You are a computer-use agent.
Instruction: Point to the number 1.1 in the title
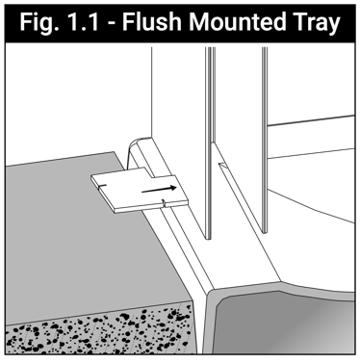point(84,22)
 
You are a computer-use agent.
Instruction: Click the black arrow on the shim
point(159,190)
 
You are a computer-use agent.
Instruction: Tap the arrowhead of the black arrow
point(173,188)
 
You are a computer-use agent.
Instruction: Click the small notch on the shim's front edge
point(164,203)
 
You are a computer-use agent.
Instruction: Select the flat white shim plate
point(140,190)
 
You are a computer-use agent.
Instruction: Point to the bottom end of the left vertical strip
point(209,238)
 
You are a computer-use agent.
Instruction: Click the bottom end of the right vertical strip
point(265,232)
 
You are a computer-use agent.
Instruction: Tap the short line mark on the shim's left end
point(102,186)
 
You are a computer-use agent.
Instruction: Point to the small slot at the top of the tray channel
point(222,166)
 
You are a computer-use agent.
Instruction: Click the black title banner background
point(180,23)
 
